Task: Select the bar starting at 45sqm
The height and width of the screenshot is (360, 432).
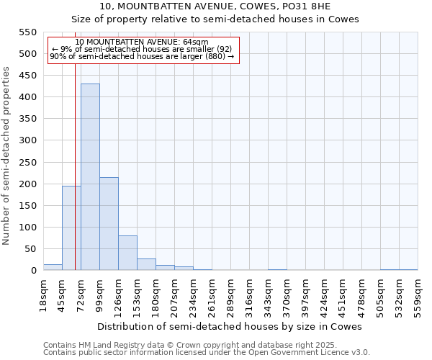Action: tap(71, 228)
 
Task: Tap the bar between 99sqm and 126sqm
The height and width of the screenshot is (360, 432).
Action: tap(109, 223)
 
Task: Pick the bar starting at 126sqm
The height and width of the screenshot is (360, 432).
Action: tap(127, 253)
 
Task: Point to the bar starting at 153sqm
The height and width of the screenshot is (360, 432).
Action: tap(146, 264)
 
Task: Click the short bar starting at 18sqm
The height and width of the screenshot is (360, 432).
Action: tap(53, 267)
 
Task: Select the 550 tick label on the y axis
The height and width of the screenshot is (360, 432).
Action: tap(27, 32)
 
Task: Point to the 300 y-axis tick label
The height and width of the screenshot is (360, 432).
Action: tap(27, 140)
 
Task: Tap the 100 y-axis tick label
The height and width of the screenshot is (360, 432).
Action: tap(27, 228)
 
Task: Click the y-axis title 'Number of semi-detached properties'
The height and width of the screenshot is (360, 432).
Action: tap(6, 156)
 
